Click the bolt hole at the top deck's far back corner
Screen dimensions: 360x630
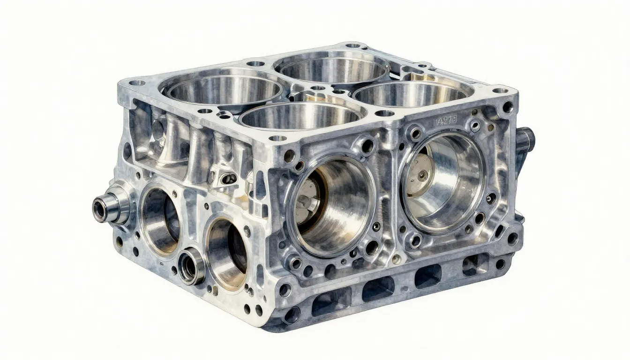(352, 46)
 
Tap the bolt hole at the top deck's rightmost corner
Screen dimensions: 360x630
(500, 90)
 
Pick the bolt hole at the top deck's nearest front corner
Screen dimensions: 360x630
(277, 138)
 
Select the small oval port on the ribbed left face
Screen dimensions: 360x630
(229, 178)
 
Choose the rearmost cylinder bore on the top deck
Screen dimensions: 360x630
(332, 67)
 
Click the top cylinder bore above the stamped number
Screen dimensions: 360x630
(412, 94)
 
